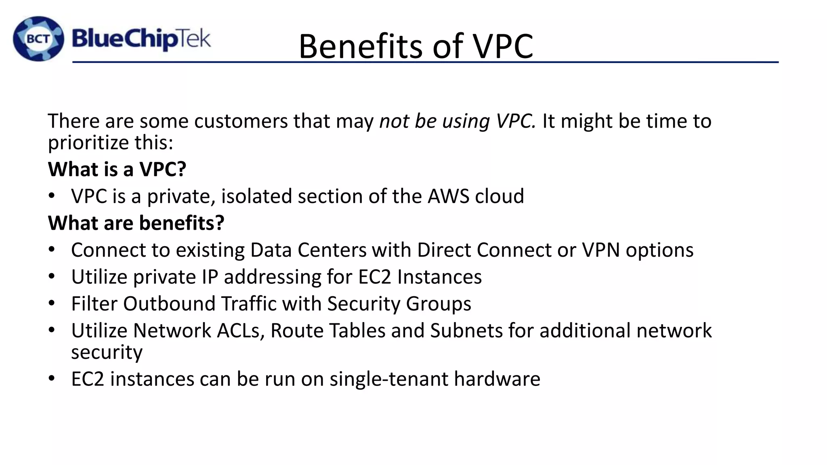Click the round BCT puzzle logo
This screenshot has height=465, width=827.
[38, 39]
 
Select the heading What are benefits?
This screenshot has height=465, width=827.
[136, 223]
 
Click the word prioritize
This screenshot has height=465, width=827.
[88, 143]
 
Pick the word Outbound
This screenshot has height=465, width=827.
[169, 304]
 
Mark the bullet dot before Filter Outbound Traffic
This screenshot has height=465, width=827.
[51, 303]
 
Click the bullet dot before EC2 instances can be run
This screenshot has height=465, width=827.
[51, 379]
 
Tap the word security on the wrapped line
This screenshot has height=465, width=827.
[107, 352]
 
